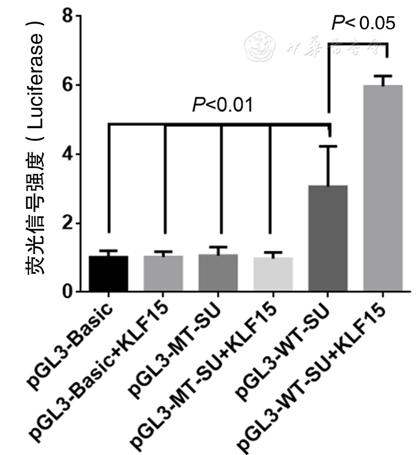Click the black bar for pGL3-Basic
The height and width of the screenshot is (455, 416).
(x=108, y=274)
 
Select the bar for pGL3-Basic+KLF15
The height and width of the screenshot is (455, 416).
(x=163, y=274)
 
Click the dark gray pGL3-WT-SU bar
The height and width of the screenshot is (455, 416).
(x=328, y=239)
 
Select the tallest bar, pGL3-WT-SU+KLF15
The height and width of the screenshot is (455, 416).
(x=383, y=189)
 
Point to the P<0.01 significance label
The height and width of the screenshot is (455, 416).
(x=221, y=105)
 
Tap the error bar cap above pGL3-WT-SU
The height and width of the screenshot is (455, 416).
(x=328, y=146)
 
